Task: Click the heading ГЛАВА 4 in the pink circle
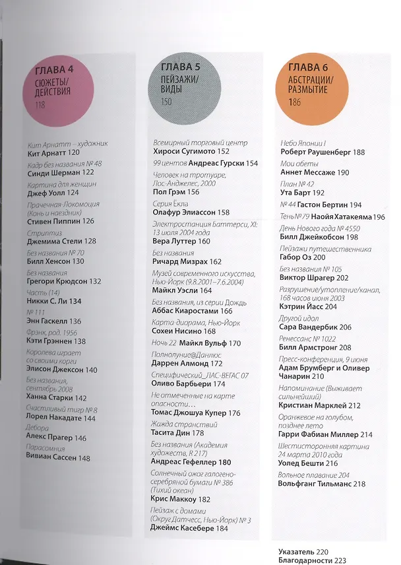(x=54, y=70)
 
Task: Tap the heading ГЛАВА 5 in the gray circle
(x=180, y=67)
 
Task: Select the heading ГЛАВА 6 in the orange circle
(x=308, y=67)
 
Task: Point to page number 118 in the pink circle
(x=40, y=105)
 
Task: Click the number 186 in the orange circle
(x=294, y=102)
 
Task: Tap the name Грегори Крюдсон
(x=57, y=281)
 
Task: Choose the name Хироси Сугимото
(x=184, y=152)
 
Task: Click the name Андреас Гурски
(x=216, y=163)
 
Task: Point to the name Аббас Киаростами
(x=185, y=311)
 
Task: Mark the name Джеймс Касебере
(x=182, y=528)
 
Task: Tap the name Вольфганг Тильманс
(x=314, y=484)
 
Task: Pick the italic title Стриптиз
(x=45, y=233)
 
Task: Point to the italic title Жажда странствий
(x=184, y=424)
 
